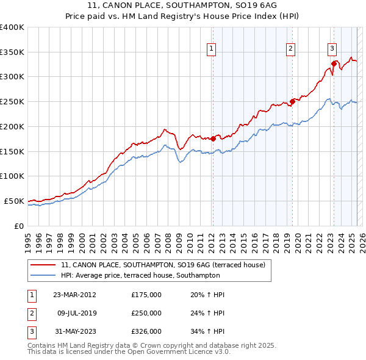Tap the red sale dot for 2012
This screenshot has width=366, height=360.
click(x=213, y=139)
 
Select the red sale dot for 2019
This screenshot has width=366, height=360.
click(x=292, y=101)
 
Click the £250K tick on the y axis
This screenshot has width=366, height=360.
click(x=12, y=102)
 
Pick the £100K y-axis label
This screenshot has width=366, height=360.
click(x=12, y=176)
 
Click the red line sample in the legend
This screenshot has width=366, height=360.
click(x=43, y=265)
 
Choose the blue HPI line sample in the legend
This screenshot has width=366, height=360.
click(x=43, y=276)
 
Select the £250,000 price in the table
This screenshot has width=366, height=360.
click(x=146, y=313)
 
